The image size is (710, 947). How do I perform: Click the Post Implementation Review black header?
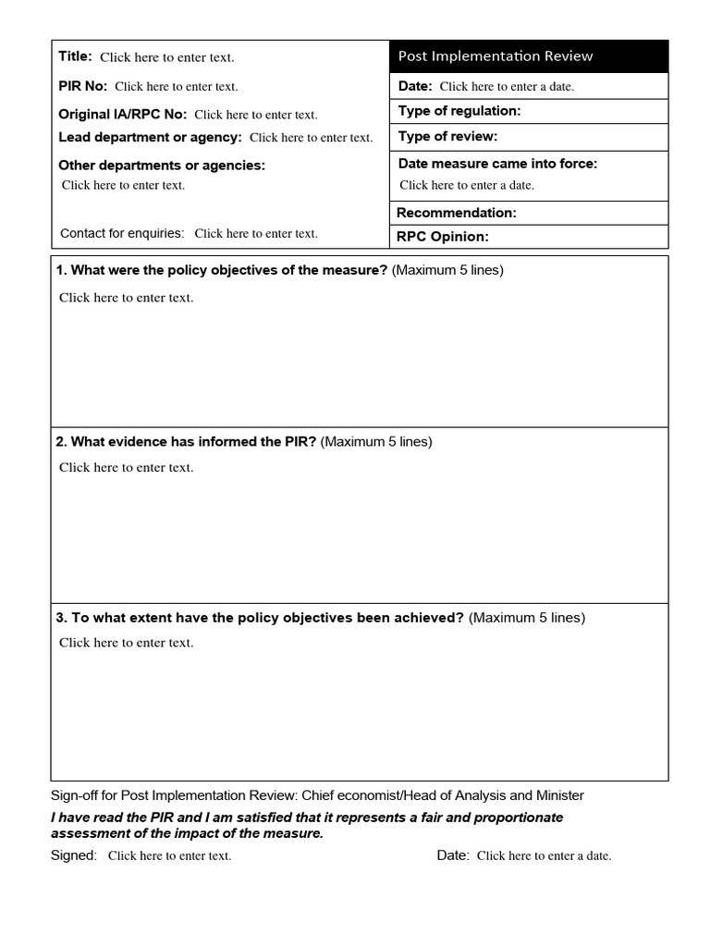coord(528,56)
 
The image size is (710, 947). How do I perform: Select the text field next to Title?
coord(167,57)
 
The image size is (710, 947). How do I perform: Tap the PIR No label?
coord(83,86)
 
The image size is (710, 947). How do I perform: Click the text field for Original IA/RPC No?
coord(255,116)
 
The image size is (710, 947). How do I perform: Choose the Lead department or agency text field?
coord(311,138)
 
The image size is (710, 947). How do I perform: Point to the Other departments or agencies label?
coord(162,166)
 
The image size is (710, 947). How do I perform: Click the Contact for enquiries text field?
coord(255,234)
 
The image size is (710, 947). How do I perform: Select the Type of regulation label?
coord(459,111)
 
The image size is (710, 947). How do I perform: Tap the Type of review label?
coord(447,137)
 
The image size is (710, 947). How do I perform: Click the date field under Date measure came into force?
coord(467,185)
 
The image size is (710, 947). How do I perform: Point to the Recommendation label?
coord(457,213)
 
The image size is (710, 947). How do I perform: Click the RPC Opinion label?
coord(442,237)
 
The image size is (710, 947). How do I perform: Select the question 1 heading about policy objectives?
coord(222,270)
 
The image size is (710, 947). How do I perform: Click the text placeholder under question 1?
coord(127,298)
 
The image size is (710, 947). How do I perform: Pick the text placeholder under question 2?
coord(127,468)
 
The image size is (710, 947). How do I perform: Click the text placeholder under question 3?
coord(127,643)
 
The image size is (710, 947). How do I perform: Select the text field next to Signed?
coord(169,856)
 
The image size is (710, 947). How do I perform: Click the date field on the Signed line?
coord(544,856)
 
